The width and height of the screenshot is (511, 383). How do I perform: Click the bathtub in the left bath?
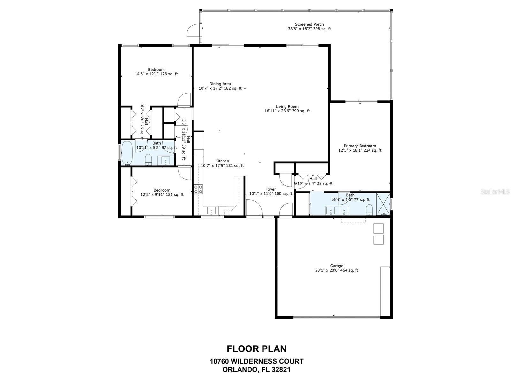[x=127, y=153]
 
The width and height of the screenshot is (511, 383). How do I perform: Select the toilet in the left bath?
[x=148, y=159]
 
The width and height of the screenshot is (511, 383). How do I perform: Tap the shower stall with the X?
[x=383, y=205]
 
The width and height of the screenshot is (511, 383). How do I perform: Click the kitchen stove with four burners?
[x=198, y=189]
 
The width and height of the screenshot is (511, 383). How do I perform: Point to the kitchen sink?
[x=211, y=211]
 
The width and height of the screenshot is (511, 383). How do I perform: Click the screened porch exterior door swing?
[x=193, y=30]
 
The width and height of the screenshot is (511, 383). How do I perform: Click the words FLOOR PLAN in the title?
[x=256, y=349]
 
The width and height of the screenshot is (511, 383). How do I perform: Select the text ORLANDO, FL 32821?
[x=256, y=370]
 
